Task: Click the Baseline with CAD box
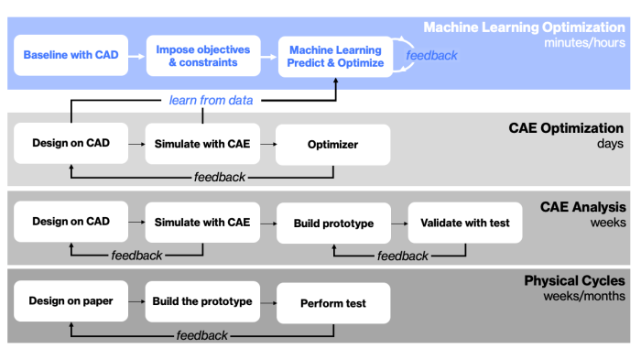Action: [x=71, y=56]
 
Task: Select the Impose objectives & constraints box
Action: [x=202, y=56]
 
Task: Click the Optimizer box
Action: [x=333, y=145]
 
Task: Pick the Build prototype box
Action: [x=333, y=223]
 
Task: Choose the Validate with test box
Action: [x=465, y=223]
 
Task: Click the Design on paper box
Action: [x=71, y=301]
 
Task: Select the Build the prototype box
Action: [x=202, y=301]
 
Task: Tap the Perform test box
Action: [x=333, y=301]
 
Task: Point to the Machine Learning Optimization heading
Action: [x=524, y=27]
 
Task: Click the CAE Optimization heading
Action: [x=568, y=128]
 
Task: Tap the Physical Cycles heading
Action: [x=574, y=280]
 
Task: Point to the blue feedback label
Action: [x=432, y=56]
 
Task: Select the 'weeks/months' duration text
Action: [x=588, y=295]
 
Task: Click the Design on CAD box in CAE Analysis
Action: [x=71, y=223]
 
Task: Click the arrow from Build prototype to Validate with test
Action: [x=397, y=223]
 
